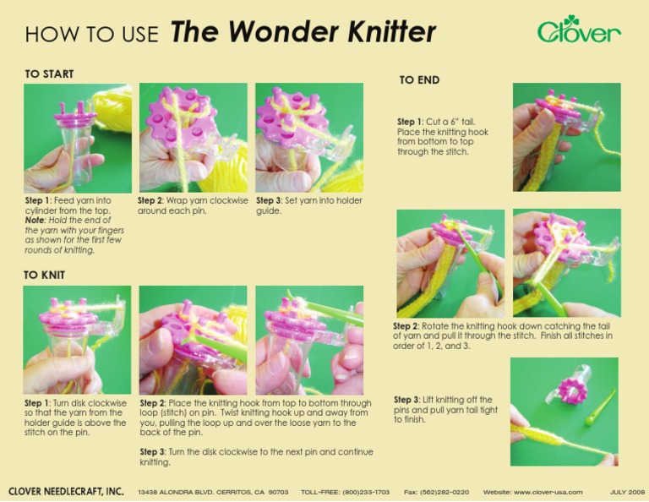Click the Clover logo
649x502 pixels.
pos(579,30)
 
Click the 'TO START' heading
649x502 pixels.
pos(49,74)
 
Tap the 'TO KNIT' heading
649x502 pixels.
pos(44,275)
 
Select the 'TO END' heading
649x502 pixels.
pos(419,80)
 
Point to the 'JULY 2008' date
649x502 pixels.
pos(627,491)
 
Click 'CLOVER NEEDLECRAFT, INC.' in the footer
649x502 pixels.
pos(66,491)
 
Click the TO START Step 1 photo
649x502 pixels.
pos(77,138)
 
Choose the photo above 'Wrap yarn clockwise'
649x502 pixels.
pos(193,138)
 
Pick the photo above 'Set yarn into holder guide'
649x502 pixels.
pos(309,138)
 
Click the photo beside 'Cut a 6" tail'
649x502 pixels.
pos(566,137)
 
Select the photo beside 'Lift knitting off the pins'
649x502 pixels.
pos(564,412)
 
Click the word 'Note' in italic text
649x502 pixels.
pos(35,220)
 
